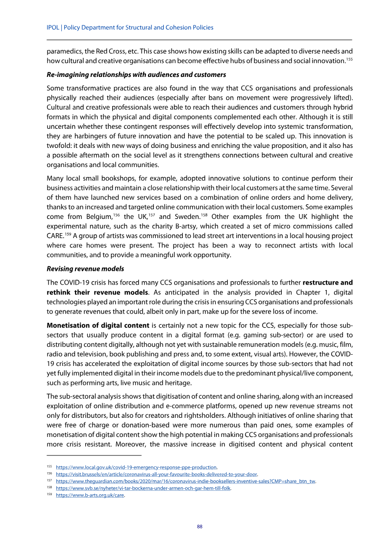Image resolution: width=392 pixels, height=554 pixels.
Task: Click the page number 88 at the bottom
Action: coord(199,527)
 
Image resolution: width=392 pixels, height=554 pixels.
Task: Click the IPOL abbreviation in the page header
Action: coord(52,27)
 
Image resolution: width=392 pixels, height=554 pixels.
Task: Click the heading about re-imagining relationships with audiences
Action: coord(136,75)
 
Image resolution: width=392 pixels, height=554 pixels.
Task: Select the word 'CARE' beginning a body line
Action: coord(55,237)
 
